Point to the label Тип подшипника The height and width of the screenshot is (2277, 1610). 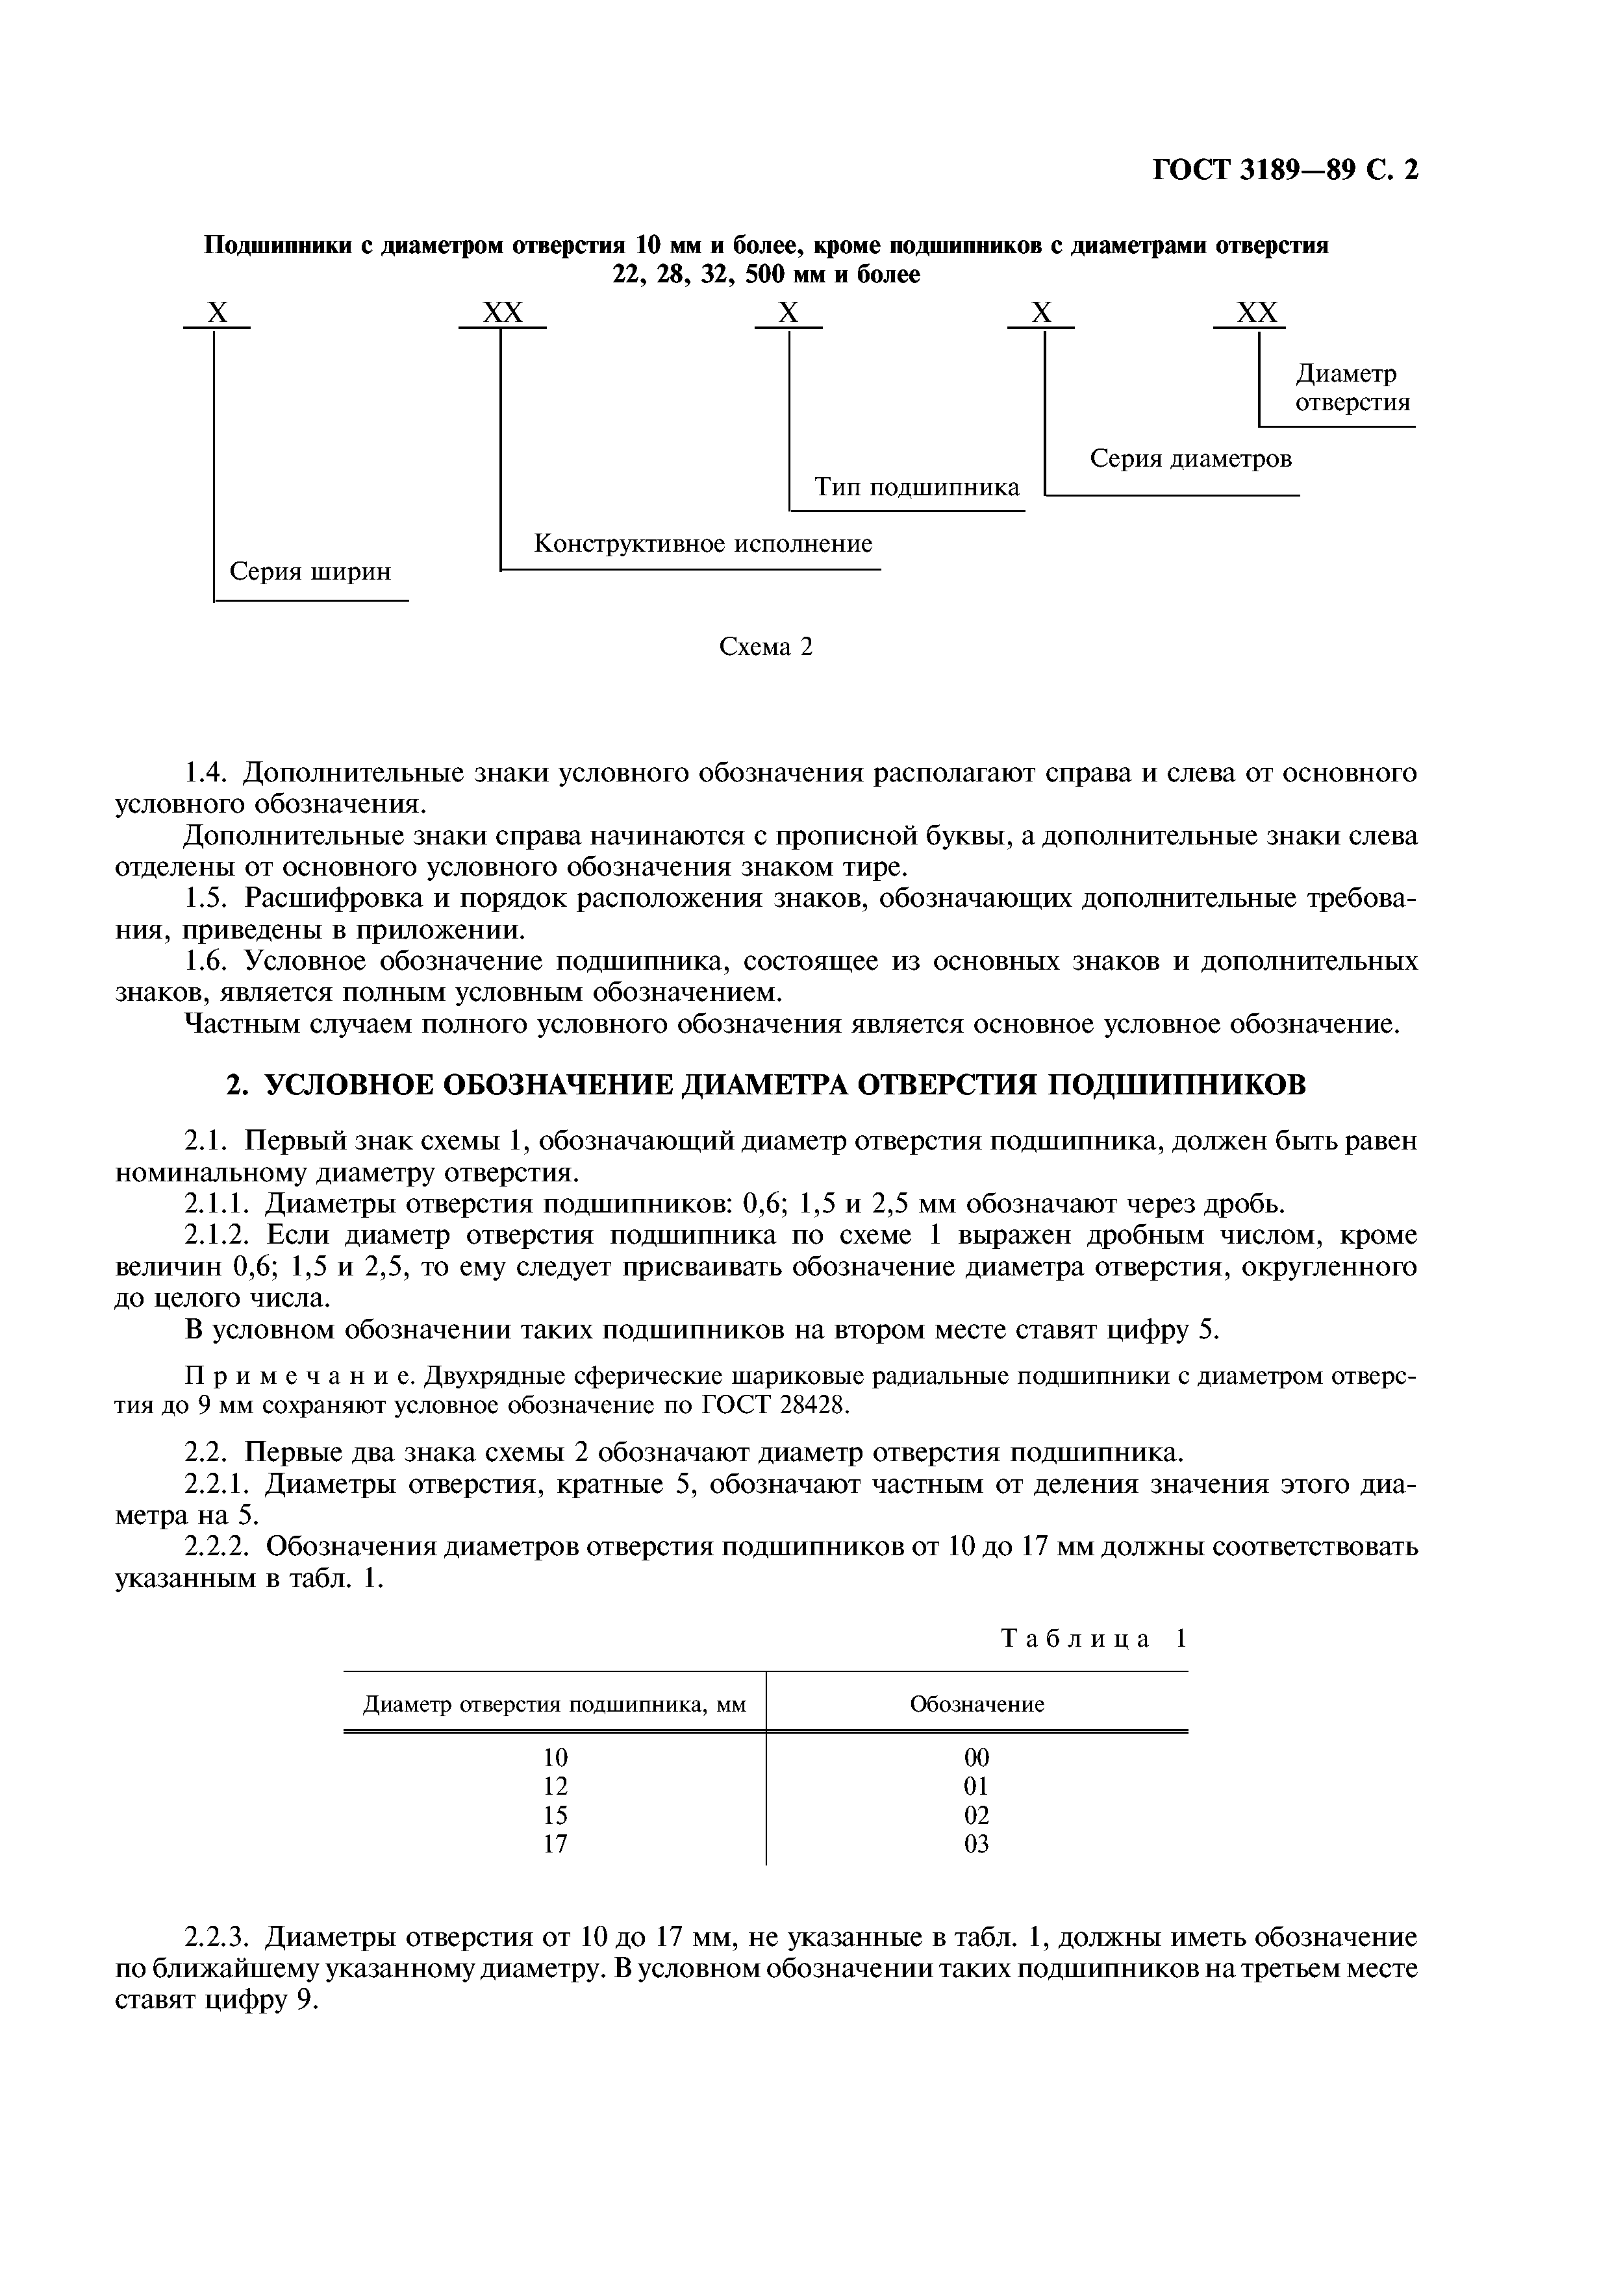point(916,487)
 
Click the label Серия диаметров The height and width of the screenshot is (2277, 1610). point(1190,458)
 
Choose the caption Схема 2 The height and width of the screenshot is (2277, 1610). point(765,646)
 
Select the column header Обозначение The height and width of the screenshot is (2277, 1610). point(977,1705)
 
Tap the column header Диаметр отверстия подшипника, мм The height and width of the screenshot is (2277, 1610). point(555,1705)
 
